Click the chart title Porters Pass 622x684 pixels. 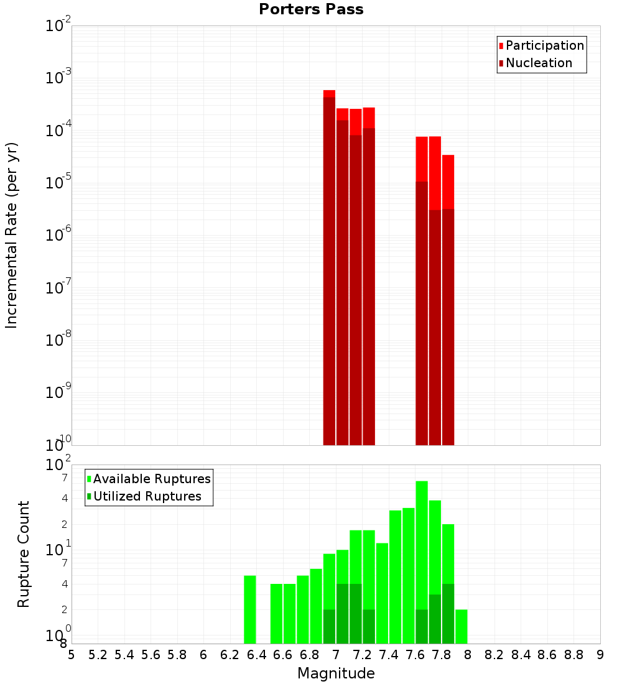311,9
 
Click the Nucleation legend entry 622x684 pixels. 538,63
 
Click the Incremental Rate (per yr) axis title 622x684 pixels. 11,236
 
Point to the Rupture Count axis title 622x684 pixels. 24,554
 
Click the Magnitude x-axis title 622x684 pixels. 336,673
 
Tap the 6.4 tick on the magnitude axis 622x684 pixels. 256,655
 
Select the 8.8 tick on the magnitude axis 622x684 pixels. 573,655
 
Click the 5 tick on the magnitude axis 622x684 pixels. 72,655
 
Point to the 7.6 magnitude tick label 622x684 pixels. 415,655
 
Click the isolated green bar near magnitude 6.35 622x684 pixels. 250,609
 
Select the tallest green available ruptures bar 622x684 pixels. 422,560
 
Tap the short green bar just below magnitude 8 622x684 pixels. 461,627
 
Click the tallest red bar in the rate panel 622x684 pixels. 329,267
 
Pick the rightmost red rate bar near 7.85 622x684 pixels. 448,298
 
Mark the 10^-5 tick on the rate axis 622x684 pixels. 59,183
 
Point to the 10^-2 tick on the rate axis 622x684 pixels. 59,26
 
